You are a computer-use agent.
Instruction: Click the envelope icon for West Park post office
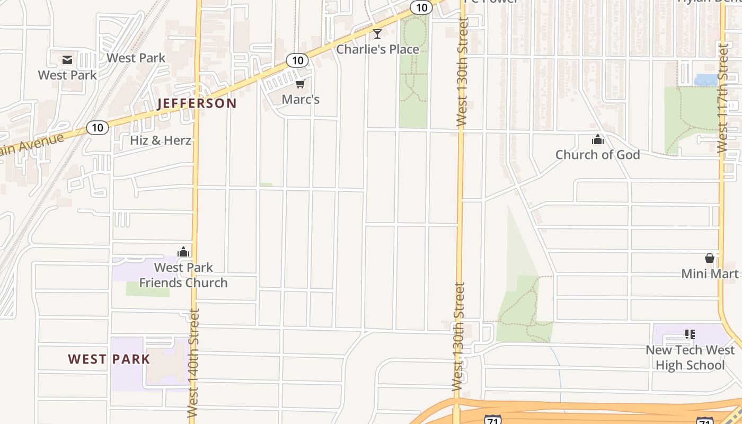pos(67,59)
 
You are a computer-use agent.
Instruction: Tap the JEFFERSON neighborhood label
pos(197,103)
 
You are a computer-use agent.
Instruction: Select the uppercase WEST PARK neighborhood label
pos(109,359)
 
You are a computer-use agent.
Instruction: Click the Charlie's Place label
pos(378,49)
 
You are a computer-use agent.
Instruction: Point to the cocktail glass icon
pos(377,34)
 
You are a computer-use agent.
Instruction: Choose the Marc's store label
pos(301,99)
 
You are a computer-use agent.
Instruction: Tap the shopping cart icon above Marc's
pos(301,84)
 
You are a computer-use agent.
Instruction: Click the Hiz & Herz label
pos(161,140)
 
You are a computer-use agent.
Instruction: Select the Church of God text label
pos(598,155)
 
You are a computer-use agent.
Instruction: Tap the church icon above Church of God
pos(598,140)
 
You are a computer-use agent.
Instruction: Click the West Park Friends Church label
pos(183,275)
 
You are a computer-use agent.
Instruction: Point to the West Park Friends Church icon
pos(183,252)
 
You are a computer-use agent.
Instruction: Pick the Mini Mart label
pos(710,273)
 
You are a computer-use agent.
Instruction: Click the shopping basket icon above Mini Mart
pos(710,259)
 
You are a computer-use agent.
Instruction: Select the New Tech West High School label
pos(690,358)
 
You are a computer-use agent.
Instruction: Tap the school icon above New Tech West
pos(690,334)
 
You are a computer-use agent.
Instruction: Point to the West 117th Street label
pos(723,98)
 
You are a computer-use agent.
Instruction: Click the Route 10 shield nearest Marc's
pos(297,60)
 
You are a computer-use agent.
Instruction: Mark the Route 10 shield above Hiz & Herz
pos(98,128)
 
